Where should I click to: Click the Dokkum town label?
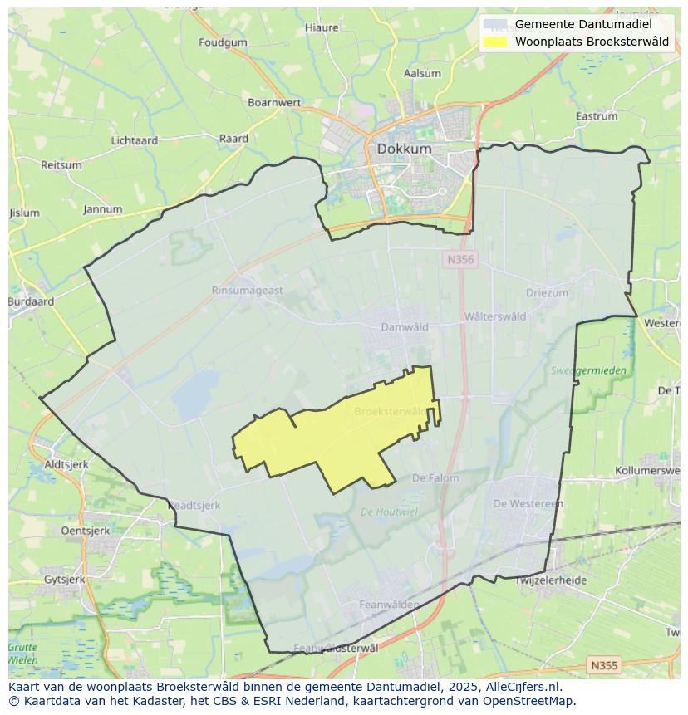coord(405,149)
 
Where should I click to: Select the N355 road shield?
coord(603,665)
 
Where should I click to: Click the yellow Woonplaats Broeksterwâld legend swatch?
coord(495,42)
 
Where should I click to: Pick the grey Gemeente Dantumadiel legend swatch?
coord(495,24)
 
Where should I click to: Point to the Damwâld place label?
coord(405,326)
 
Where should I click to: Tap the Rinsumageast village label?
coord(247,291)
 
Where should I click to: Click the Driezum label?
coord(547,293)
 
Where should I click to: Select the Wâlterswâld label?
coord(495,316)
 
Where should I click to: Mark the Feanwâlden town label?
coord(389,605)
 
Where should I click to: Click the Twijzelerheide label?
coord(551,580)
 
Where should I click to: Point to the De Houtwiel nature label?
coord(389,512)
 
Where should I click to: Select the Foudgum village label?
coord(224,42)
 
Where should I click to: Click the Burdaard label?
coord(31,302)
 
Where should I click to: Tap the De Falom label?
coord(435,478)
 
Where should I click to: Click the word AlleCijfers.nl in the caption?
coord(523,687)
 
